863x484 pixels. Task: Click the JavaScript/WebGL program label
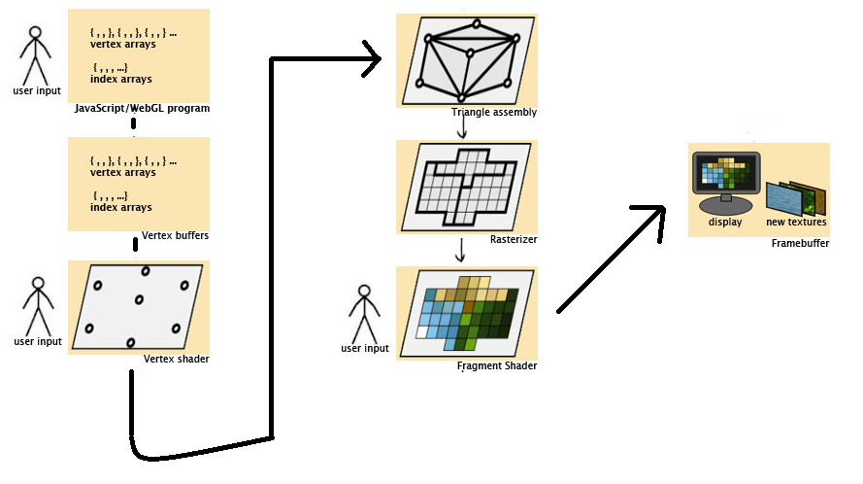(142, 108)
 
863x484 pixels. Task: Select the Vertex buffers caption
(175, 235)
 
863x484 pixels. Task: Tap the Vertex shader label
(176, 359)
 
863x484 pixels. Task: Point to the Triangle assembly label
(494, 113)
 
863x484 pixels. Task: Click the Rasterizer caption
(514, 238)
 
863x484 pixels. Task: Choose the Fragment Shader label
(496, 365)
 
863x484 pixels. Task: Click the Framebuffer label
(800, 243)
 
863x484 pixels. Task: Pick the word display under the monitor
(724, 223)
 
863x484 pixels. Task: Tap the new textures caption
(796, 223)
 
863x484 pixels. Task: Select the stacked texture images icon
(796, 197)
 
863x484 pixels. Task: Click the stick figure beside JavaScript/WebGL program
(36, 56)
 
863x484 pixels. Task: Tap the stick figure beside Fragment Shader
(364, 313)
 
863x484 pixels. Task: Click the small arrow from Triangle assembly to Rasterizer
(462, 128)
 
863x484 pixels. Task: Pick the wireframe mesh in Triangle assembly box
(466, 60)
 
